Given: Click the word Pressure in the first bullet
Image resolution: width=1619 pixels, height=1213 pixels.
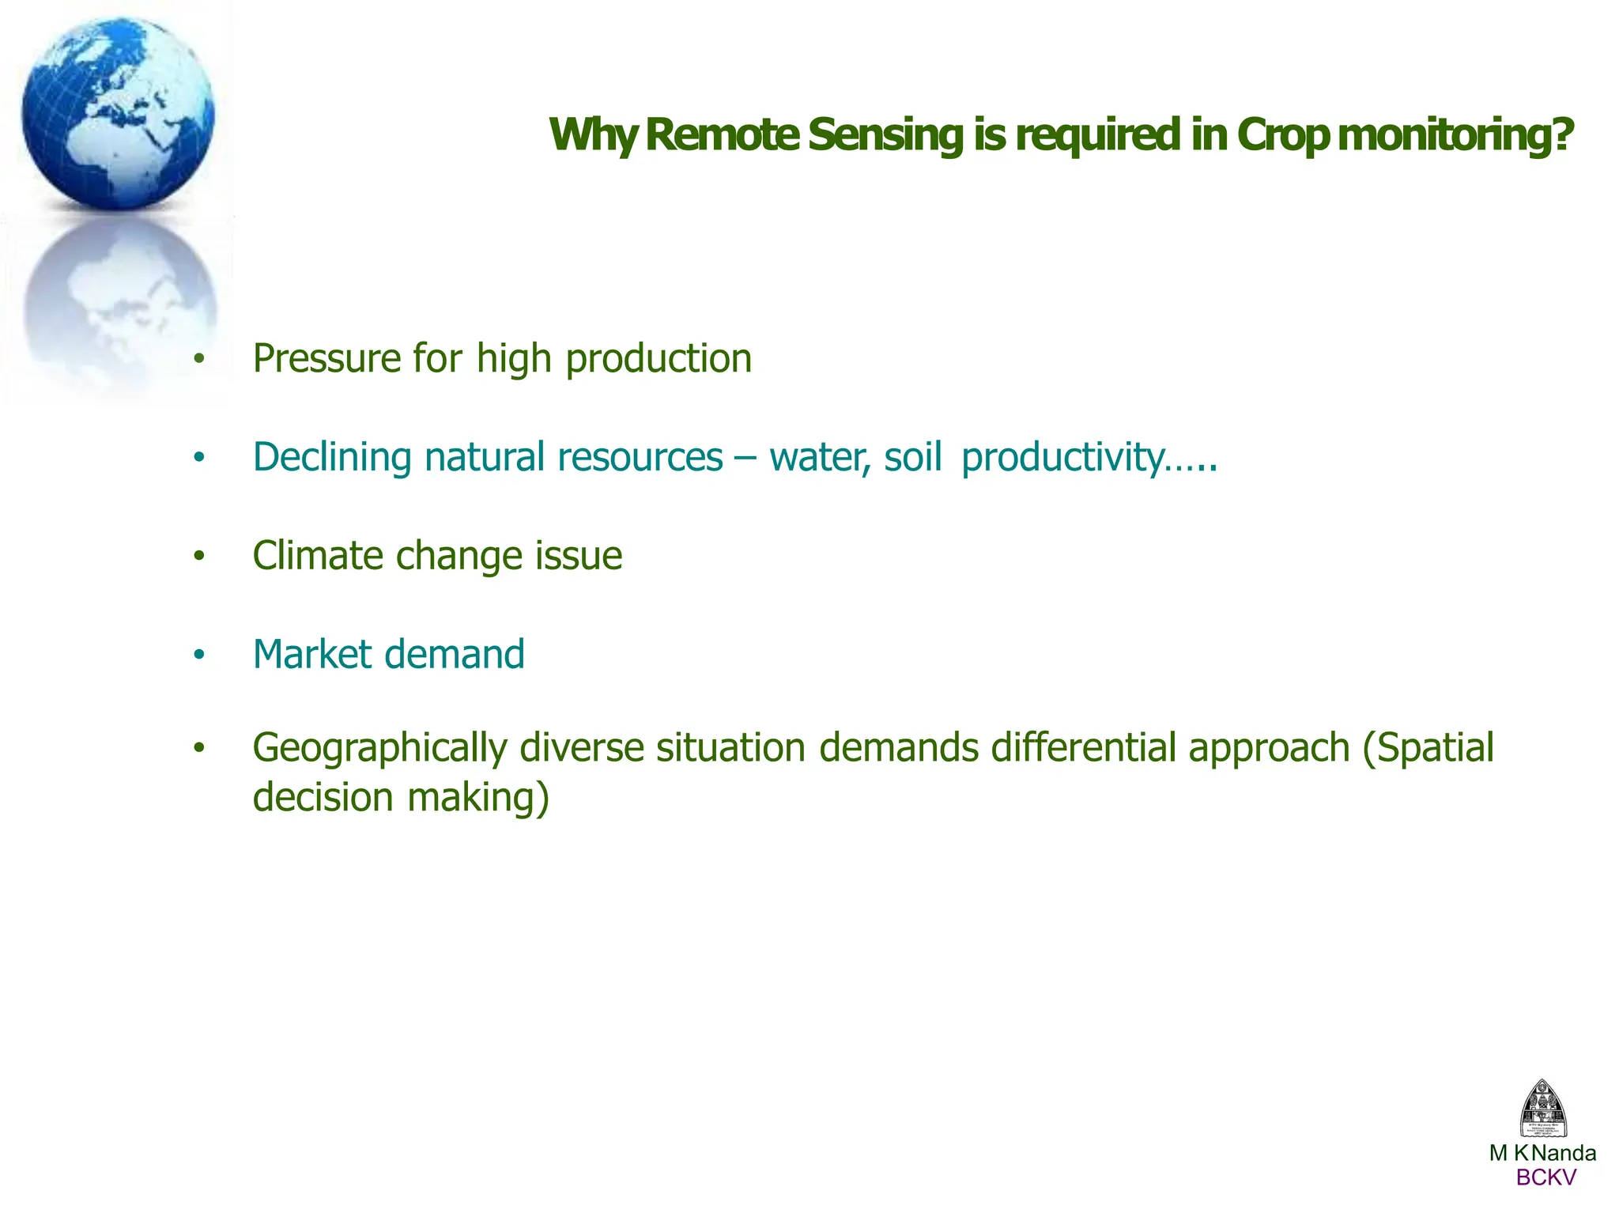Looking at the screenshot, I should point(326,359).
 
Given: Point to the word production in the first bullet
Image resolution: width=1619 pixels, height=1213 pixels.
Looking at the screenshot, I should point(659,359).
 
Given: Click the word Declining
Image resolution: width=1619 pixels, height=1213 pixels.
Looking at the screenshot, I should point(332,458).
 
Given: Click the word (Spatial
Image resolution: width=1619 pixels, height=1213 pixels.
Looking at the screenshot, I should point(1428,747).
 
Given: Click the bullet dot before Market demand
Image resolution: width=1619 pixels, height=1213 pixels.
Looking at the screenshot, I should point(199,656).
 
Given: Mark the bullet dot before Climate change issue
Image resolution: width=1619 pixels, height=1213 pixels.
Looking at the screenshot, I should point(199,557).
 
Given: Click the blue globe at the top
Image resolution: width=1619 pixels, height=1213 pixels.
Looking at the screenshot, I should point(119,111).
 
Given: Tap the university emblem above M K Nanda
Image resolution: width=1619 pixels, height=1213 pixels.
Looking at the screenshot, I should point(1543,1109).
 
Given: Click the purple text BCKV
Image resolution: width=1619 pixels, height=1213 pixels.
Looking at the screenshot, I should point(1545,1178).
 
